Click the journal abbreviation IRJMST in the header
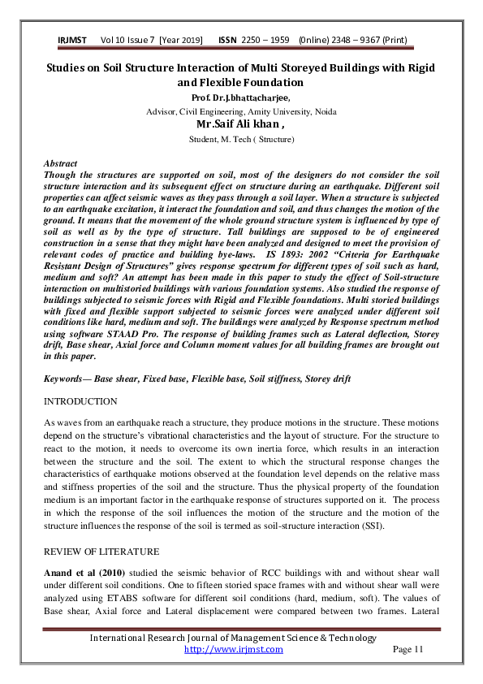73,40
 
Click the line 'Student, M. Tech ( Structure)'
241,140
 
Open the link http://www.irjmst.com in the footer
234,649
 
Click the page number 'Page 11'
408,649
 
